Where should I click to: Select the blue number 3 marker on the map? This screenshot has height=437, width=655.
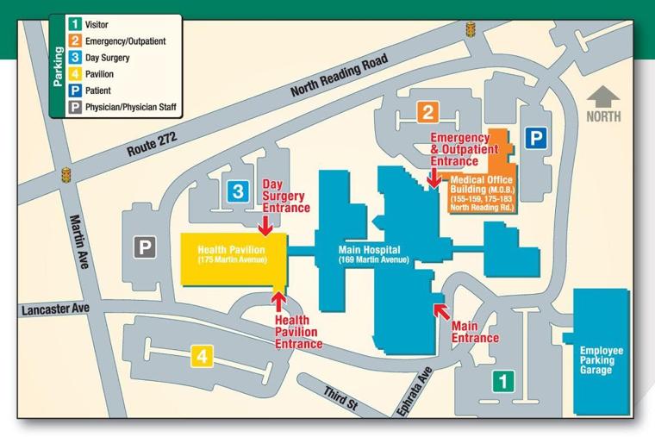tap(238, 191)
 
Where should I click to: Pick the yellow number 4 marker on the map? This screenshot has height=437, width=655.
tap(202, 354)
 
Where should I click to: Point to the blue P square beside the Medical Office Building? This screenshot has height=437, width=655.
tap(536, 137)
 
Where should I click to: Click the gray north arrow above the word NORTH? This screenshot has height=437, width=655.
tap(603, 94)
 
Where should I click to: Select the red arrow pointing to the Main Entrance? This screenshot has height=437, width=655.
tap(441, 309)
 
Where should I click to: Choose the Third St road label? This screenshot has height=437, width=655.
tap(341, 397)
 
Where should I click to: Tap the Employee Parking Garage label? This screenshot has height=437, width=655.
tap(602, 360)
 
